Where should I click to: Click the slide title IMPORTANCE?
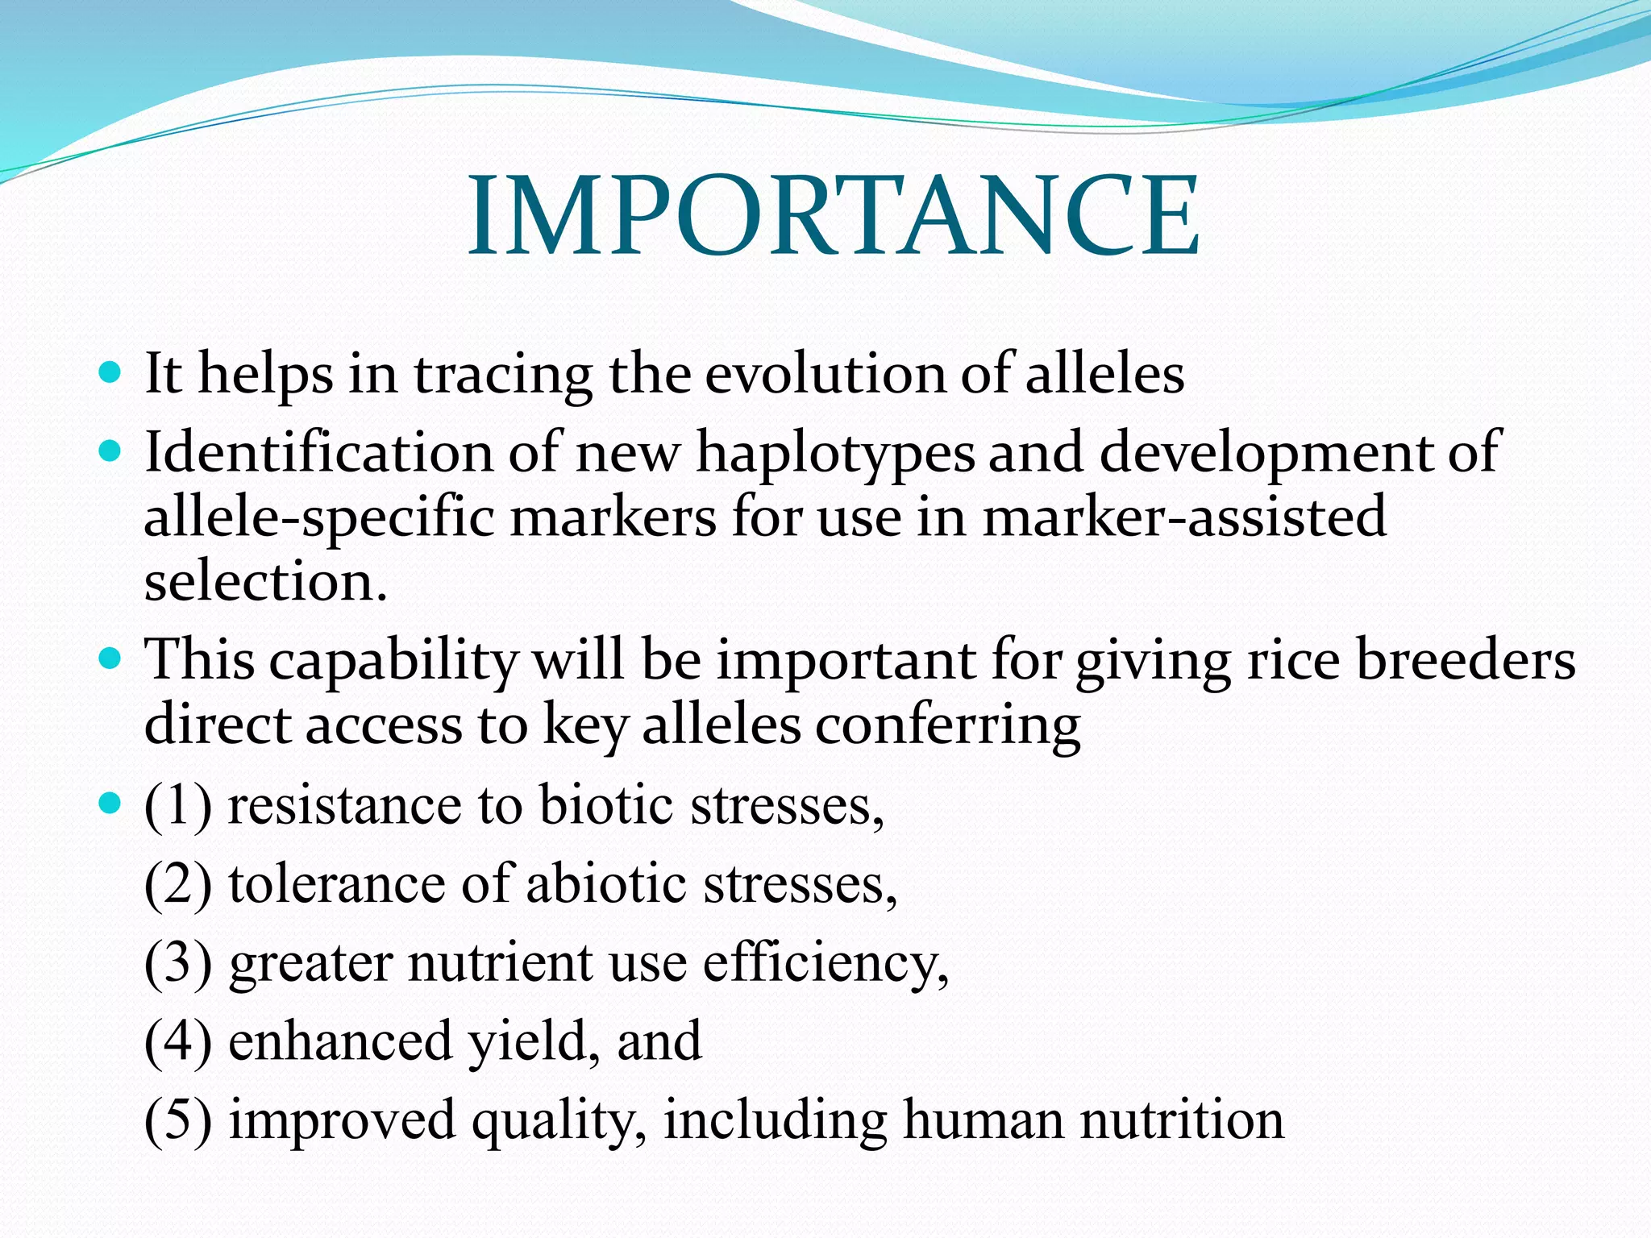click(834, 216)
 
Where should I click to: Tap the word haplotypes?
click(835, 453)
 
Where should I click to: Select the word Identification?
click(318, 451)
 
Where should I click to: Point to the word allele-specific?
click(318, 517)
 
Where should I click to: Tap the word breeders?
click(1466, 659)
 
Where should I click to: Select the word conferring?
click(947, 725)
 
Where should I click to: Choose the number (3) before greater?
click(178, 962)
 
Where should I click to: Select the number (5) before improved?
click(178, 1120)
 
